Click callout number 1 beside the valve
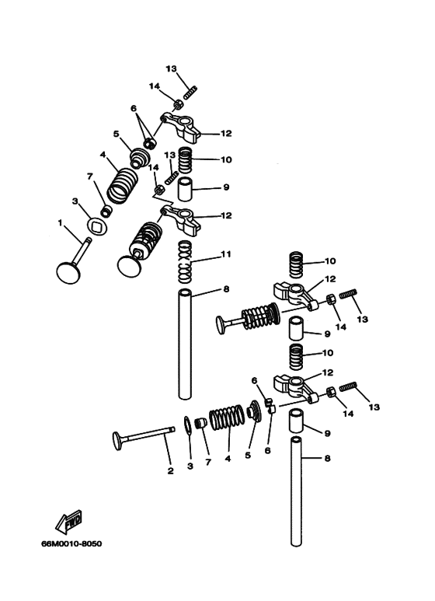[59, 224]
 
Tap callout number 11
[226, 254]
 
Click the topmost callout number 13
[170, 68]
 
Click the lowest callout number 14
[347, 414]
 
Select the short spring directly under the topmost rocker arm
[185, 161]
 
